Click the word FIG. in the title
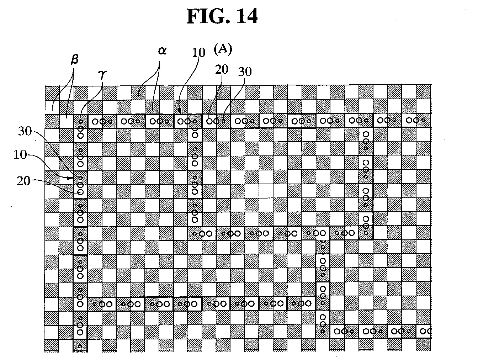pyautogui.click(x=208, y=16)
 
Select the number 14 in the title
pyautogui.click(x=247, y=16)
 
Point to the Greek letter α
pyautogui.click(x=163, y=51)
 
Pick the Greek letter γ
pyautogui.click(x=102, y=74)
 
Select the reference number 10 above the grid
pyautogui.click(x=198, y=53)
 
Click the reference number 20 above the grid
pyautogui.click(x=222, y=70)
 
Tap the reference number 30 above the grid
pyautogui.click(x=245, y=72)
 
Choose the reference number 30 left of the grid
pyautogui.click(x=25, y=131)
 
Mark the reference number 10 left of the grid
pyautogui.click(x=20, y=154)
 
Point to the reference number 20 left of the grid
pyautogui.click(x=23, y=181)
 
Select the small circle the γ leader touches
pyautogui.click(x=81, y=122)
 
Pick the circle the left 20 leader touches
pyautogui.click(x=81, y=192)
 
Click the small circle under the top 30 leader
pyautogui.click(x=223, y=121)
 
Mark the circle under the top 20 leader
pyautogui.click(x=209, y=121)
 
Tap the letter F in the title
pyautogui.click(x=193, y=16)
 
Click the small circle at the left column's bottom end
pyautogui.click(x=80, y=346)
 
